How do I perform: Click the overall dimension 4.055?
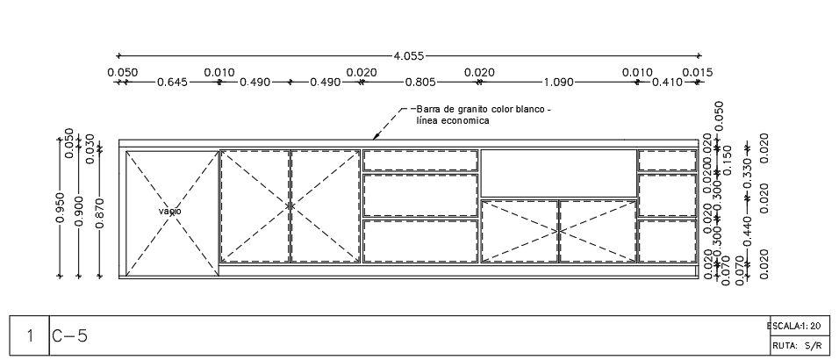point(409,55)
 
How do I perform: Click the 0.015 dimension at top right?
point(697,72)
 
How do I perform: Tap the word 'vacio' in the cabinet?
point(170,212)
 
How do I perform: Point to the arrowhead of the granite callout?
point(376,137)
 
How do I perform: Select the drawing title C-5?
point(69,335)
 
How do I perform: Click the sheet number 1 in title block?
point(30,335)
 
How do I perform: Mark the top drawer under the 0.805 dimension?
point(420,160)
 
